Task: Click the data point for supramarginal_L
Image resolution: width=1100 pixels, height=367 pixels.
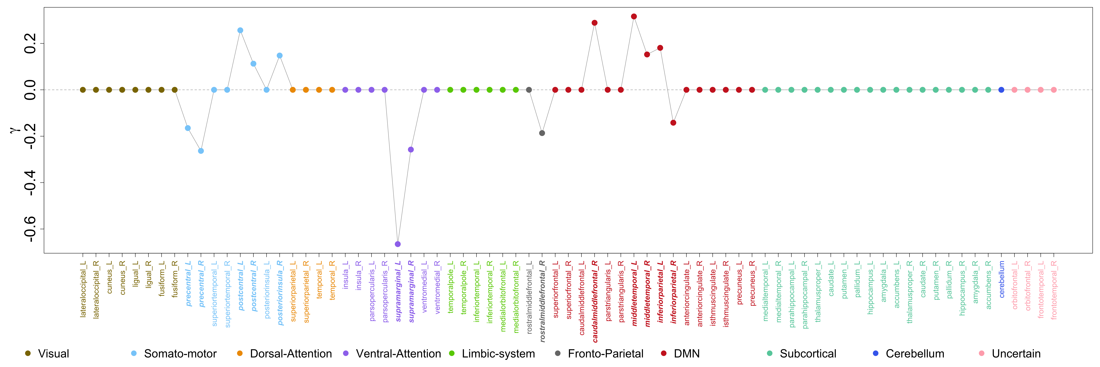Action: (398, 244)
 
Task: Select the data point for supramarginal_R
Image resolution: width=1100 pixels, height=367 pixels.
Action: (411, 149)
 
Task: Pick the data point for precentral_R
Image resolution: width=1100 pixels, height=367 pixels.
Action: (201, 151)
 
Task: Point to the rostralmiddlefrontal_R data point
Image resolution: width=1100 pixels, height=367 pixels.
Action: (542, 133)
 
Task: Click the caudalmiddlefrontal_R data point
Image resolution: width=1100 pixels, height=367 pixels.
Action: (594, 23)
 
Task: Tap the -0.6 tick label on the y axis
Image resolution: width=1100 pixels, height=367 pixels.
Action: (30, 229)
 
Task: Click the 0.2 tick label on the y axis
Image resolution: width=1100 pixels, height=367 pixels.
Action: (30, 44)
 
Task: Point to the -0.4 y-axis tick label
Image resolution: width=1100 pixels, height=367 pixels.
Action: (30, 182)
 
